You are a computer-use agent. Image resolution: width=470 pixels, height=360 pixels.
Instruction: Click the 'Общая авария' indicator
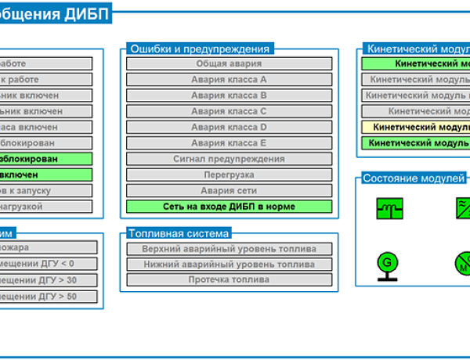click(229, 63)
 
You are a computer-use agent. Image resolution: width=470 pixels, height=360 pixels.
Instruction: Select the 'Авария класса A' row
click(229, 79)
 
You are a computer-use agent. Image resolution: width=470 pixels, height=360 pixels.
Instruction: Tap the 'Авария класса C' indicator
click(229, 111)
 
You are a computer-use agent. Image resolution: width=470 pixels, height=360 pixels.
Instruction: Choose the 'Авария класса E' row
click(229, 143)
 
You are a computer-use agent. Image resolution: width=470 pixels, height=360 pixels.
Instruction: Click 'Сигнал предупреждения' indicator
click(229, 159)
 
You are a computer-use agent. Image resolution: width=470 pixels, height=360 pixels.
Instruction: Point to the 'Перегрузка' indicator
click(229, 175)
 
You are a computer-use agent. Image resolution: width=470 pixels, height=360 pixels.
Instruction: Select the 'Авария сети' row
click(229, 190)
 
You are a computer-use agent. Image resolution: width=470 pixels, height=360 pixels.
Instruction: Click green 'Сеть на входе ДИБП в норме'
click(229, 207)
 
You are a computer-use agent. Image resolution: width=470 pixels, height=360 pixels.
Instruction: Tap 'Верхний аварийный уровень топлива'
click(229, 249)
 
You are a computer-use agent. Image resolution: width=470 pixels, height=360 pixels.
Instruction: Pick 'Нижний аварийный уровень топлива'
click(229, 265)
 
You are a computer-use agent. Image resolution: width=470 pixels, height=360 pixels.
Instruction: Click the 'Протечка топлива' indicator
click(229, 279)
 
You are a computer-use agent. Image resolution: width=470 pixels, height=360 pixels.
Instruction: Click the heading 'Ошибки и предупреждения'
click(199, 48)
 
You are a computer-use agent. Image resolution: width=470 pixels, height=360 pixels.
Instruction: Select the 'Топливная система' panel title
click(179, 233)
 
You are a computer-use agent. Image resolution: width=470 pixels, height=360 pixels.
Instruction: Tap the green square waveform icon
click(389, 208)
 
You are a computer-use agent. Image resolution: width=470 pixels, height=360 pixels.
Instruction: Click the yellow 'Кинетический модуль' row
click(419, 127)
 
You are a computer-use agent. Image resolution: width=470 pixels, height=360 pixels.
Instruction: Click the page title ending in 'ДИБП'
click(55, 13)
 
